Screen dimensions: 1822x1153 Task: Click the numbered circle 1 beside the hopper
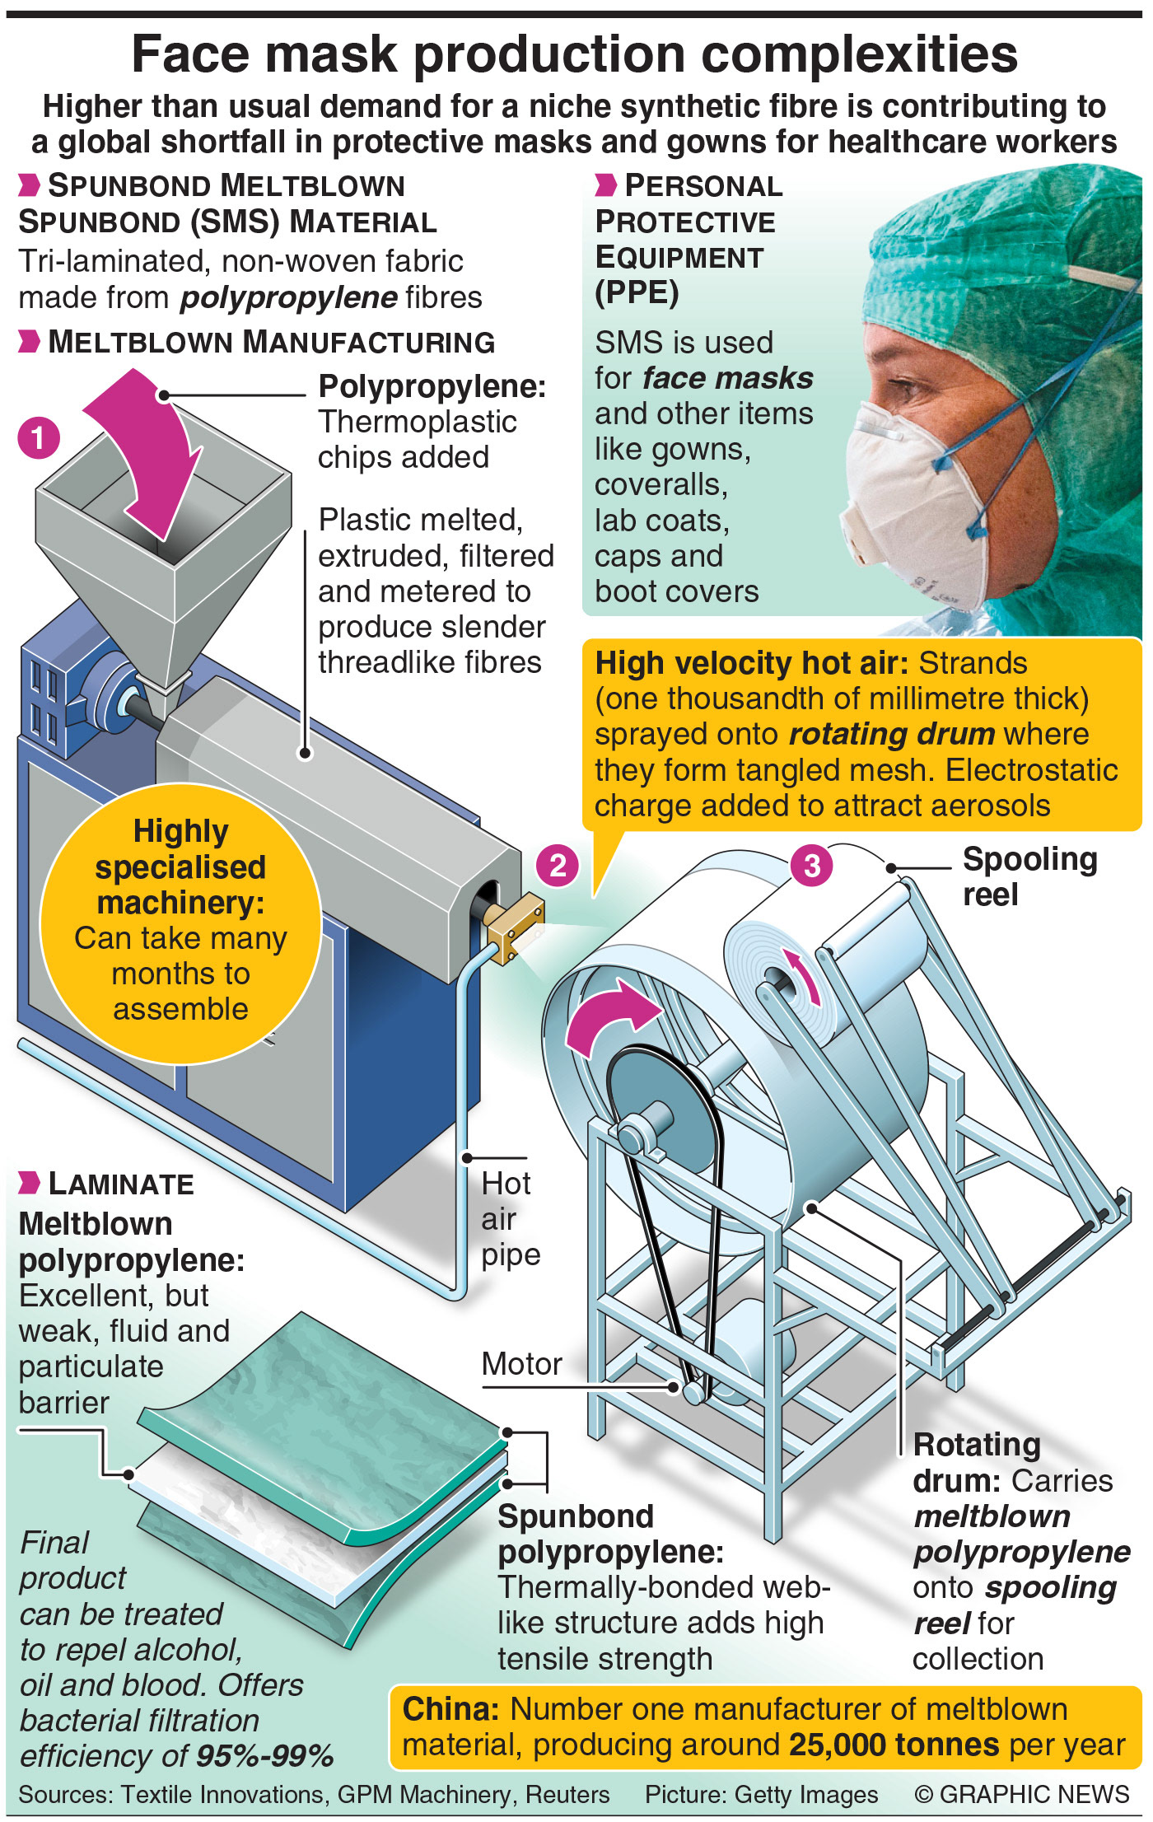coord(39,437)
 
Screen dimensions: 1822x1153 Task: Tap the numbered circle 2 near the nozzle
coord(558,866)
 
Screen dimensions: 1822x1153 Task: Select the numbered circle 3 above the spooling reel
coord(811,866)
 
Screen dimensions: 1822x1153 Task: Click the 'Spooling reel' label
coord(1029,876)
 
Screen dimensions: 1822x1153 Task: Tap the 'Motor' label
coord(521,1364)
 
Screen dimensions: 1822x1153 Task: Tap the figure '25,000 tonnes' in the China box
coord(894,1745)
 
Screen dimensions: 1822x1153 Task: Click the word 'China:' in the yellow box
coord(450,1709)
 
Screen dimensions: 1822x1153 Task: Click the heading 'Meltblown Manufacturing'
coord(271,342)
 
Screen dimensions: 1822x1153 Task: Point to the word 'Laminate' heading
coord(121,1184)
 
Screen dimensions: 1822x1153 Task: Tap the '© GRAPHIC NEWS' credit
coord(1021,1795)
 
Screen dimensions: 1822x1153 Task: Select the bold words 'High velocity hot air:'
coord(752,663)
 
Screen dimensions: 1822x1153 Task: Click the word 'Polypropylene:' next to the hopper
coord(432,386)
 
